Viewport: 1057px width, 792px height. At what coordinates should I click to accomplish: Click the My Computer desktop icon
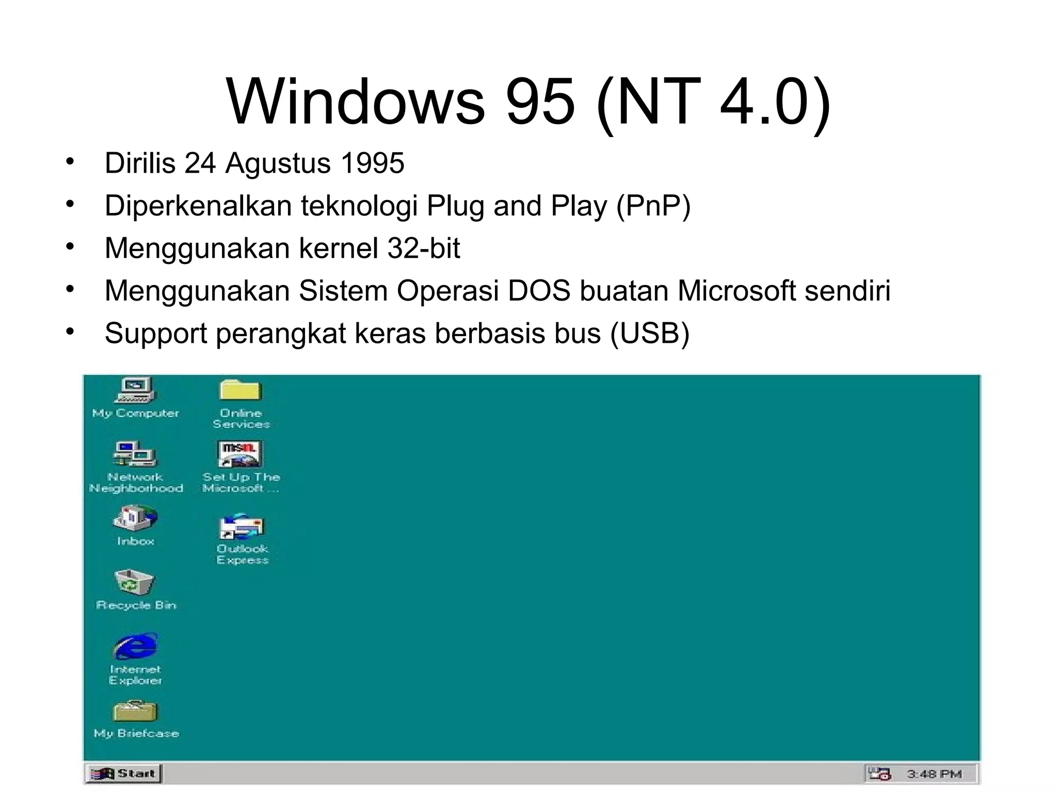point(135,390)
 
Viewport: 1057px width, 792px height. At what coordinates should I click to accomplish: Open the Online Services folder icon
point(241,390)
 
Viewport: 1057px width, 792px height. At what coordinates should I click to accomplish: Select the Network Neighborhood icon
point(135,454)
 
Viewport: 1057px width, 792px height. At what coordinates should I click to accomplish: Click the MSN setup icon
point(240,454)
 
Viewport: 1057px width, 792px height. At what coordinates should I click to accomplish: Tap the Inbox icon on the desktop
point(135,518)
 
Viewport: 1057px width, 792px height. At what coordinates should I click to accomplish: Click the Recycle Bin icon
point(135,582)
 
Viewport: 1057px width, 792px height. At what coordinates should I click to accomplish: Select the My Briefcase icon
point(135,712)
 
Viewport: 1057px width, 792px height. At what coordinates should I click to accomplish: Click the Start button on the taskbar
point(123,773)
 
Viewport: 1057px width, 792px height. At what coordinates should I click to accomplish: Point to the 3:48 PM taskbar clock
point(934,774)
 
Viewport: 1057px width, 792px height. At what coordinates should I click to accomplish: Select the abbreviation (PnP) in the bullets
point(653,206)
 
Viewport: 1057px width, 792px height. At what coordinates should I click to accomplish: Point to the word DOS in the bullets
point(539,291)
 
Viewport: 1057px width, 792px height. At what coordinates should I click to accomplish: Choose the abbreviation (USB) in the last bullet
point(649,333)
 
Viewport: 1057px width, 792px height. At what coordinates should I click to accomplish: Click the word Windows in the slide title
point(356,102)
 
